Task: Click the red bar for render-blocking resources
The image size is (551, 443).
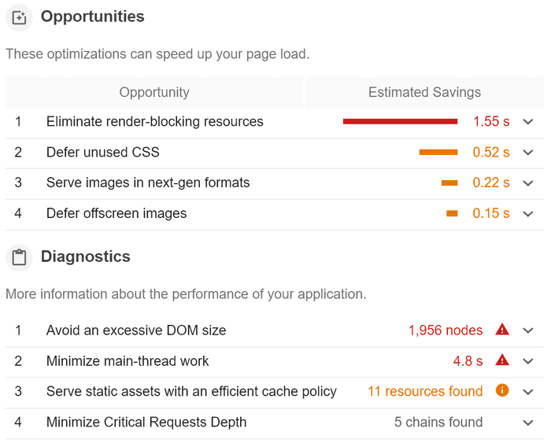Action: (x=400, y=121)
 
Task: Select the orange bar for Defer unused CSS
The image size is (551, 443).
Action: (x=438, y=152)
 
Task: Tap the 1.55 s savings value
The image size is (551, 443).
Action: (x=491, y=122)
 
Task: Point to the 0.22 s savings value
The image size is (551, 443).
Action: (x=491, y=183)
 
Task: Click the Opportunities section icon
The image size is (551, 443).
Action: (x=19, y=17)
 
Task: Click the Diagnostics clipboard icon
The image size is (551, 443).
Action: (x=19, y=257)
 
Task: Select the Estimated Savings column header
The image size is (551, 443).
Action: (x=424, y=92)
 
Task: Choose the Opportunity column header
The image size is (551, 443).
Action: (x=154, y=92)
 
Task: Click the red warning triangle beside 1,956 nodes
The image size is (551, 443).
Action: (x=502, y=330)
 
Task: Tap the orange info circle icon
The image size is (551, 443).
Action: (x=502, y=390)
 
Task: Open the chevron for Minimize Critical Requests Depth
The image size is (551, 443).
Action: (x=528, y=423)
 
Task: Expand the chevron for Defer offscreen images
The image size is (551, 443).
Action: (x=528, y=213)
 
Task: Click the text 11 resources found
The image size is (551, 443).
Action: (x=425, y=391)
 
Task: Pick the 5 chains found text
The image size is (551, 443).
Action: (x=438, y=423)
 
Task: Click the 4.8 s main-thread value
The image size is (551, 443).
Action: (x=468, y=361)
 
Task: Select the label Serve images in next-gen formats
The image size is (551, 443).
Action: (x=148, y=183)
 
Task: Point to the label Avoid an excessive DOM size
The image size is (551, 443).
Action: (x=136, y=330)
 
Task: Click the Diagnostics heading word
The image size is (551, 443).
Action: (x=86, y=257)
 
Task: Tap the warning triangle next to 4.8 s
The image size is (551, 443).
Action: (x=502, y=360)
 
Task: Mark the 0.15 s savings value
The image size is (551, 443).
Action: (x=491, y=213)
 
